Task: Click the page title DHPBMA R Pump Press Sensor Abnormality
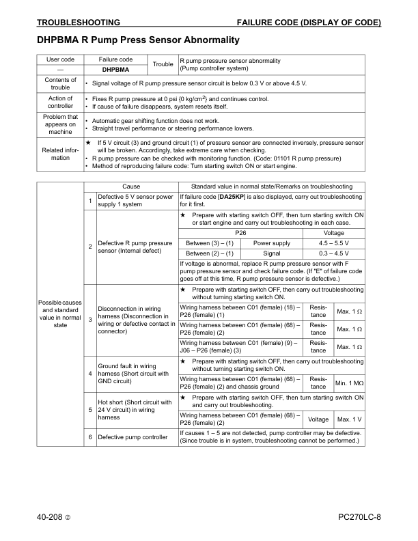[137, 40]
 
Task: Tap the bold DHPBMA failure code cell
[115, 70]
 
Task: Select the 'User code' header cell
[60, 60]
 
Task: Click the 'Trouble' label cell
[163, 65]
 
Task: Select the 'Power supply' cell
[271, 242]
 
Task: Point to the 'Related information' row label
[60, 153]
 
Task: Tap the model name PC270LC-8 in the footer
[359, 516]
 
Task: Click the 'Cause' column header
[131, 186]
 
